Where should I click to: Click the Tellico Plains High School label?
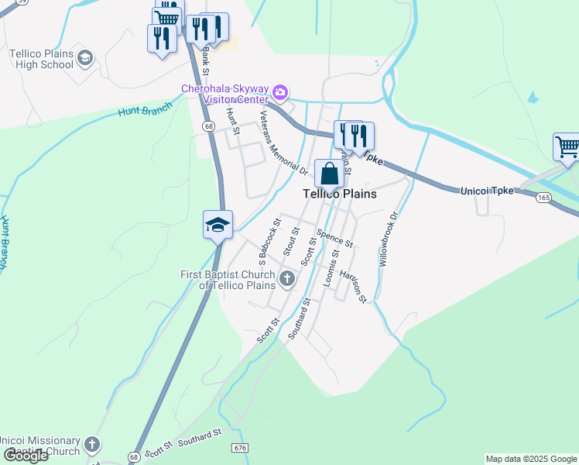click(40, 59)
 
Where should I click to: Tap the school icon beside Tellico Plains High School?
click(84, 58)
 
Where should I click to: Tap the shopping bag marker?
click(329, 174)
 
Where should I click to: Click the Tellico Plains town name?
click(339, 194)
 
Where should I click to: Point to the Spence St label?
click(334, 237)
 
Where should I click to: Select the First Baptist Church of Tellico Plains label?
click(228, 280)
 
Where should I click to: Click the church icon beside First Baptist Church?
click(287, 279)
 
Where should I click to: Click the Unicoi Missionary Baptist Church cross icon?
click(92, 445)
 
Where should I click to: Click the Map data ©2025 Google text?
click(530, 459)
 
